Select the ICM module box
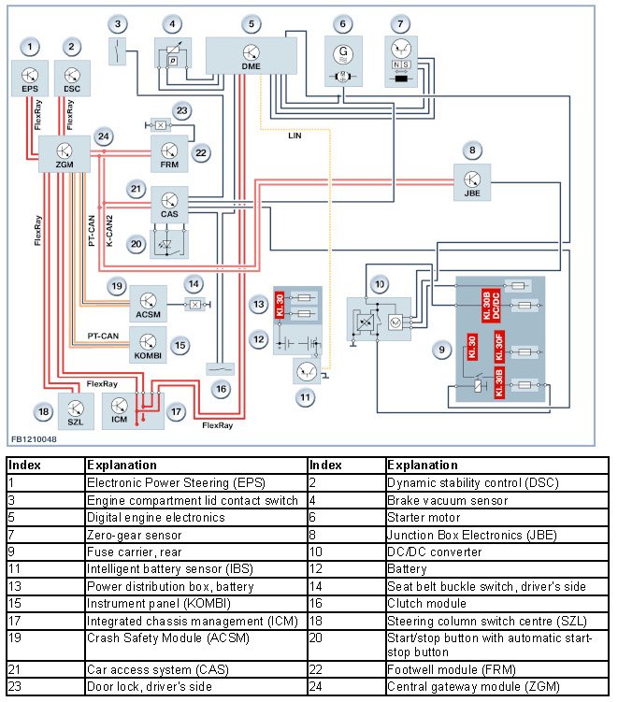click(x=120, y=409)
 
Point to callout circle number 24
click(x=104, y=137)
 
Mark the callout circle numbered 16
click(x=220, y=388)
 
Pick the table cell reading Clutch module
click(x=424, y=604)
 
